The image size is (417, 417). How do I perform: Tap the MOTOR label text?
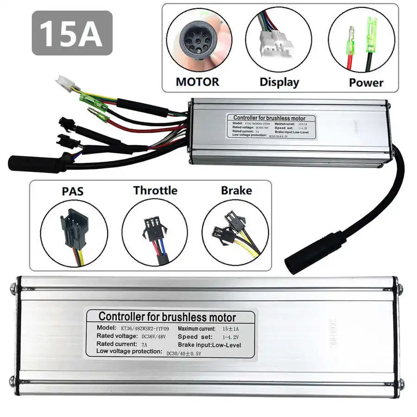[x=197, y=82]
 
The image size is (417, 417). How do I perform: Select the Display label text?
[x=279, y=82]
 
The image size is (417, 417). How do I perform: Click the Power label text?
[x=366, y=82]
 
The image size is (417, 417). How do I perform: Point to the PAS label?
[x=73, y=191]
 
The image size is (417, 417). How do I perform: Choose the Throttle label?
[x=155, y=190]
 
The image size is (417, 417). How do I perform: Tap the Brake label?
[x=236, y=190]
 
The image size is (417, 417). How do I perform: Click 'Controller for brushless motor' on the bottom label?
[x=167, y=317]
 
